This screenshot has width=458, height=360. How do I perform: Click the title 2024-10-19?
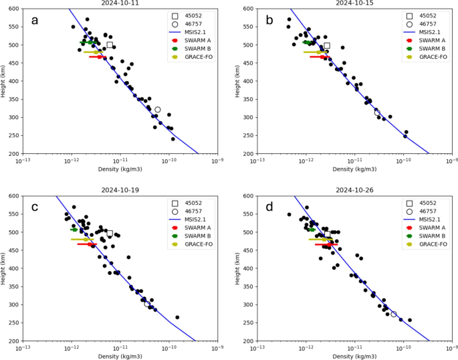coord(120,190)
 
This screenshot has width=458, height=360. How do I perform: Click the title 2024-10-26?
coord(354,190)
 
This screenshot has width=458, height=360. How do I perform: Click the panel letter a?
coord(35,21)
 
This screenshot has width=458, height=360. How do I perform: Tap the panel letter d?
coord(269,207)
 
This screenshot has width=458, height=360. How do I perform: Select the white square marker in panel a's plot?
coord(110,45)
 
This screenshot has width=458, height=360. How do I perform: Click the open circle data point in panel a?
coord(158,110)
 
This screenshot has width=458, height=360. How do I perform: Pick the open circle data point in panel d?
coord(394,314)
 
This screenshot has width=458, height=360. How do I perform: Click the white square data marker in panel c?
coord(110,233)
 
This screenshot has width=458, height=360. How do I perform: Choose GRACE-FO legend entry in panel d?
coord(425,244)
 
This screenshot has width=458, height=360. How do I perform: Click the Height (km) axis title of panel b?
coord(237,81)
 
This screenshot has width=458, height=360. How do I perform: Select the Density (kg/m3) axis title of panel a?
coord(120,169)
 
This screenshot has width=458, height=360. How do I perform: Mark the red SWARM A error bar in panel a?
coord(98,57)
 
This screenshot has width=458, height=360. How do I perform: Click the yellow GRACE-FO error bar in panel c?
coord(82,240)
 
